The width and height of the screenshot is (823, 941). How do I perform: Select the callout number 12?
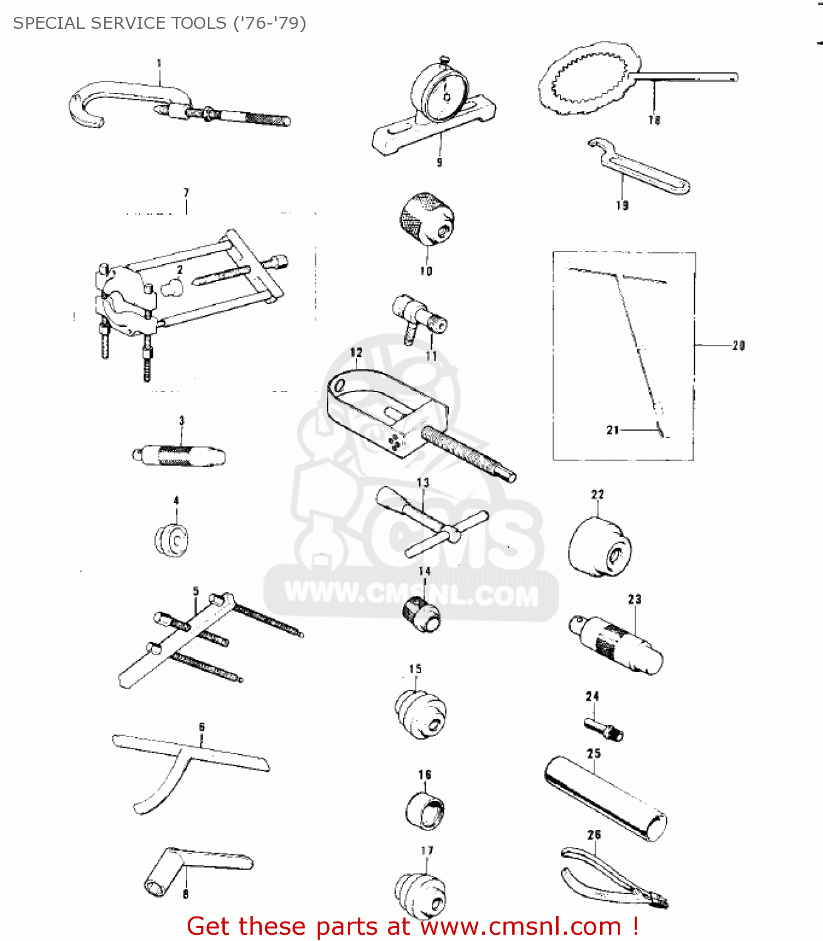[357, 353]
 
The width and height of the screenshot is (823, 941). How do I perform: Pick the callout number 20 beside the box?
[738, 345]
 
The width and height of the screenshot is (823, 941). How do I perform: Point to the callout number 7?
[186, 193]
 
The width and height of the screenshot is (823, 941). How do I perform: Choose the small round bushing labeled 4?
[172, 540]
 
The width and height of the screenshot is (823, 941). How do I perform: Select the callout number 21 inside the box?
[613, 430]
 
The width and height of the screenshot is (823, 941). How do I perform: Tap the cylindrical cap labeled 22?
[600, 546]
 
